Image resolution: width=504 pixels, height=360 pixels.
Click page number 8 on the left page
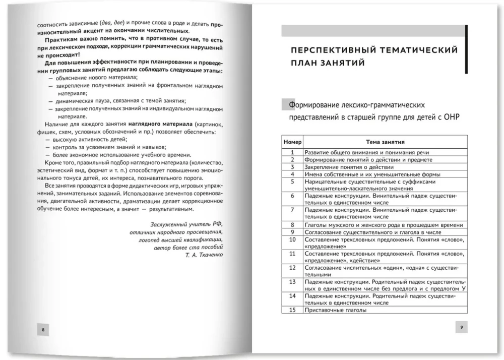click(x=43, y=330)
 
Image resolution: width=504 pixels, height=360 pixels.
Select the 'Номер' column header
click(x=292, y=142)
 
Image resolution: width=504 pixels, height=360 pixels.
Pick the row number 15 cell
click(x=292, y=311)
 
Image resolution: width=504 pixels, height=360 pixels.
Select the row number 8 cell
click(x=292, y=225)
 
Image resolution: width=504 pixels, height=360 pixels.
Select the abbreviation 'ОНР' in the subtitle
click(x=453, y=117)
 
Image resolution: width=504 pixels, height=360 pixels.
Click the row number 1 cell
click(x=292, y=152)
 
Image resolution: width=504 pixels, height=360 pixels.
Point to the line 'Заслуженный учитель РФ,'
click(x=187, y=224)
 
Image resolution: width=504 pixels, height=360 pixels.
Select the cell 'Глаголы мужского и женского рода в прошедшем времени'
click(x=384, y=225)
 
